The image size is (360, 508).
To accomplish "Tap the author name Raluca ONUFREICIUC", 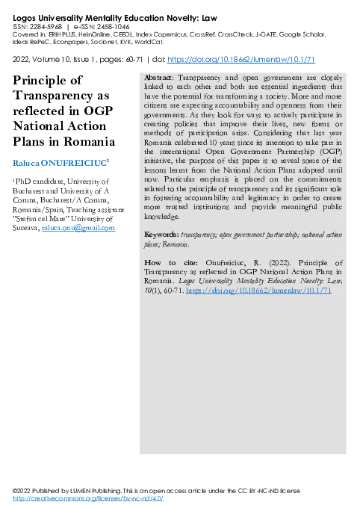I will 59,162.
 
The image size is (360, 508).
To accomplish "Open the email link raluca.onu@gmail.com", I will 82,227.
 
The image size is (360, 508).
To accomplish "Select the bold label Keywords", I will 161,235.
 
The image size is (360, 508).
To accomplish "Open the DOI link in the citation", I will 258,290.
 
